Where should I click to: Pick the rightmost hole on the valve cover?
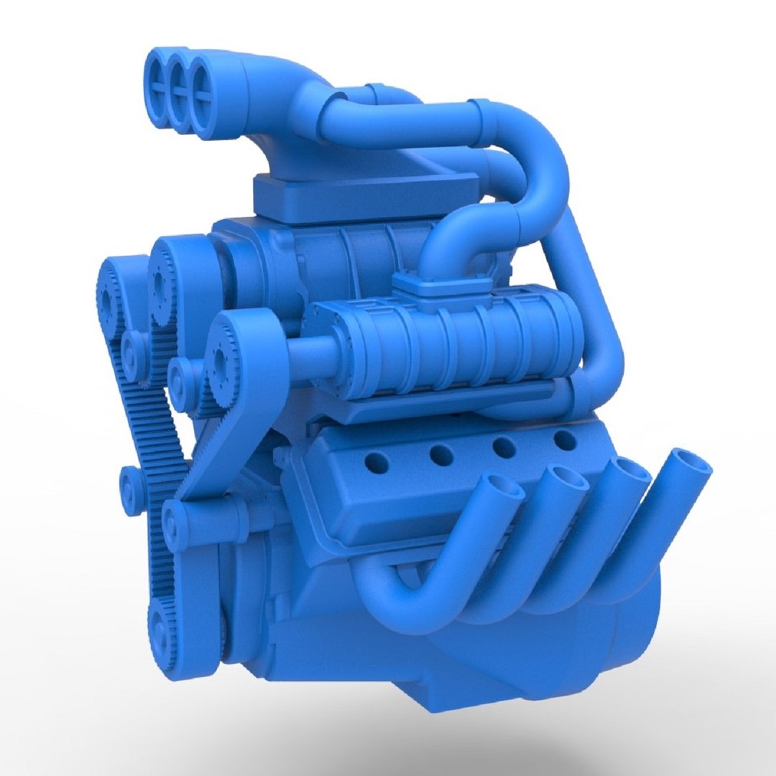coord(565,440)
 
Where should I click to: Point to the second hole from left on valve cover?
coord(441,454)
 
